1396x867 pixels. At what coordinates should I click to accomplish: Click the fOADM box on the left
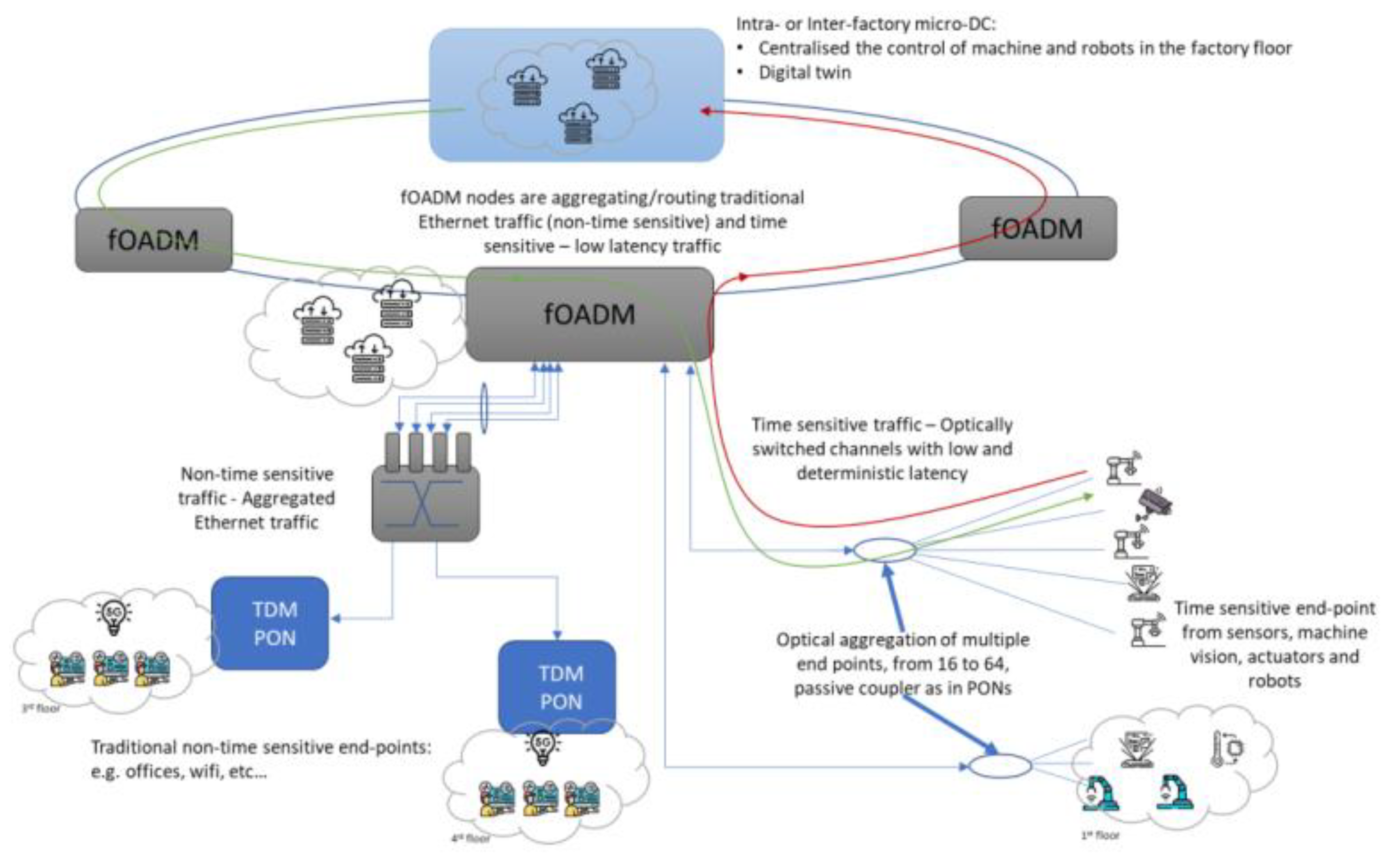[154, 240]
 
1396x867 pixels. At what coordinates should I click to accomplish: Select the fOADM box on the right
[1037, 228]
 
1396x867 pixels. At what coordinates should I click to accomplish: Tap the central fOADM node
[589, 314]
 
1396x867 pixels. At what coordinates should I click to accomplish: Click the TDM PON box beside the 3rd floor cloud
[270, 623]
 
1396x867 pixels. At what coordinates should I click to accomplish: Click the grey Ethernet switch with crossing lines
[425, 502]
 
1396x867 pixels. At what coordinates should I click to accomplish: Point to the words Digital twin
[804, 73]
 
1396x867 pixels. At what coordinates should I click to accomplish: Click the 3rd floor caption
[41, 708]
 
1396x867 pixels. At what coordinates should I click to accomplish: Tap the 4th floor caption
[470, 838]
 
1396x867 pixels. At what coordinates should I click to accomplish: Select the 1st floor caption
[1100, 835]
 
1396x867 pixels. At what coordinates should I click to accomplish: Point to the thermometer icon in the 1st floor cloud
[1225, 748]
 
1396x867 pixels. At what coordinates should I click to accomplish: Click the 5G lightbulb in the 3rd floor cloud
[114, 616]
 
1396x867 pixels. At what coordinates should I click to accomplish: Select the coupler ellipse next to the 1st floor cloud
[1000, 766]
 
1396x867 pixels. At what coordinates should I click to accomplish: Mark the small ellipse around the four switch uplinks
[484, 408]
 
